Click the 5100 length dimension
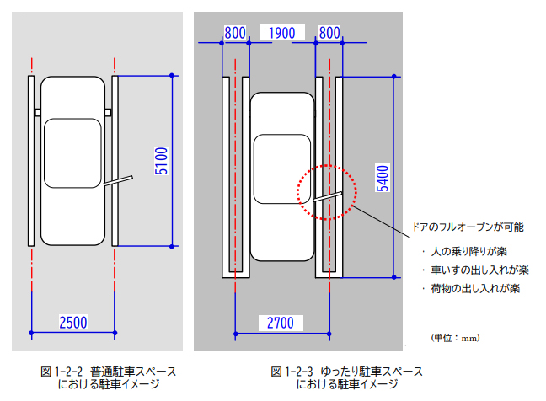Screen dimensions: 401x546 (x=163, y=162)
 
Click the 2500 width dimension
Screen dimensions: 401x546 (x=74, y=321)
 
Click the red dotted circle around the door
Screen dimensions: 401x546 (x=327, y=194)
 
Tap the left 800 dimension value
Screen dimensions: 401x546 (x=235, y=33)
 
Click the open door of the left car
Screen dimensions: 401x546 (x=120, y=180)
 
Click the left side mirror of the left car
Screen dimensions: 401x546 (x=37, y=111)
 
